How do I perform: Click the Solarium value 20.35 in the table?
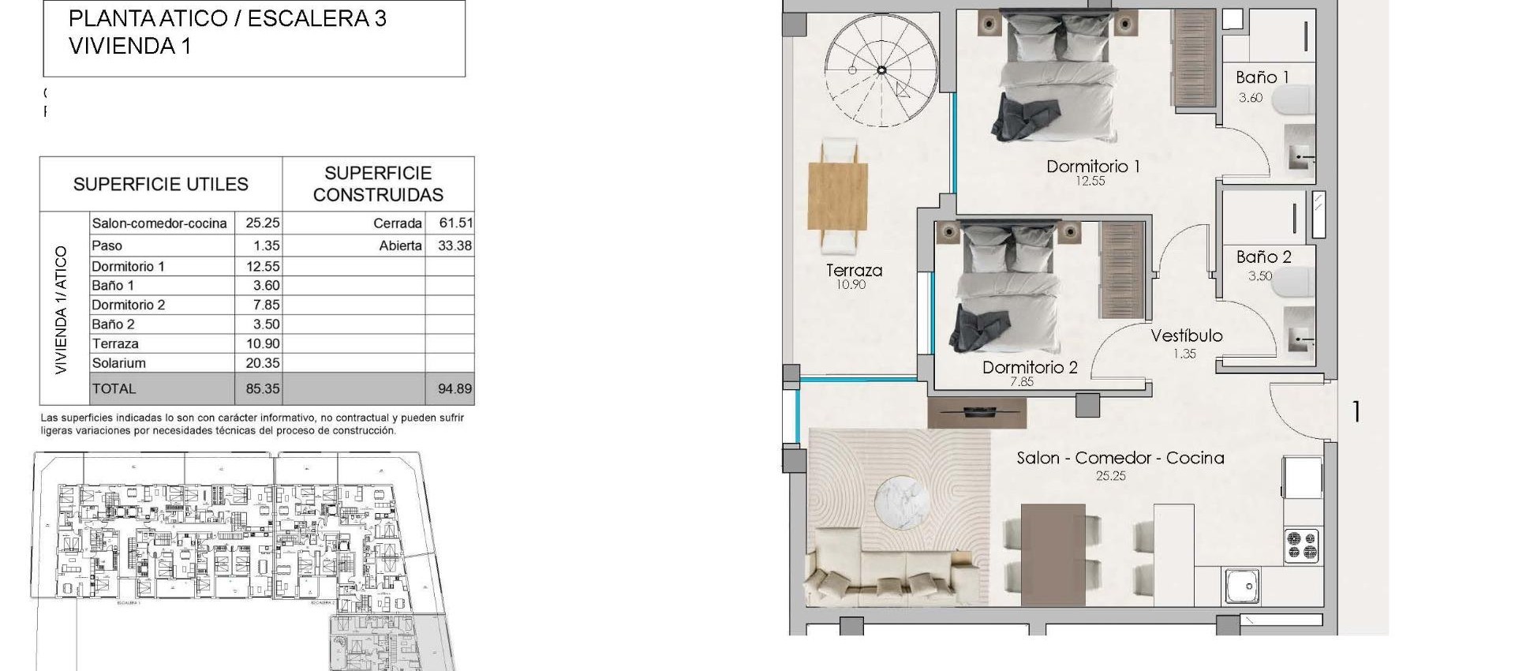[x=263, y=363]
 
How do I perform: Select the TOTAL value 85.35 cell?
[x=263, y=388]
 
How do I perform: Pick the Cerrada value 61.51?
[x=455, y=223]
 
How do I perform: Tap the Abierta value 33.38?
[x=454, y=246]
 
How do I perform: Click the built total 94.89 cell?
[x=454, y=388]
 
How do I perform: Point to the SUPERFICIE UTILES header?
[x=161, y=185]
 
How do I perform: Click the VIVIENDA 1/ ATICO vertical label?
[x=62, y=309]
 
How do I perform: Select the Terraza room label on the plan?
[x=854, y=270]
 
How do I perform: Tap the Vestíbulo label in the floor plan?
[x=1186, y=335]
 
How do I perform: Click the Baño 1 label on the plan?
[x=1262, y=77]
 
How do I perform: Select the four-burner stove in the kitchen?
[x=1301, y=545]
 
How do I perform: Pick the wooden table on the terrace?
[x=838, y=196]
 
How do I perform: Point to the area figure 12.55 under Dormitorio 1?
[x=1090, y=181]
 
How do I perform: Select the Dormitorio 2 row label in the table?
[x=129, y=305]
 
